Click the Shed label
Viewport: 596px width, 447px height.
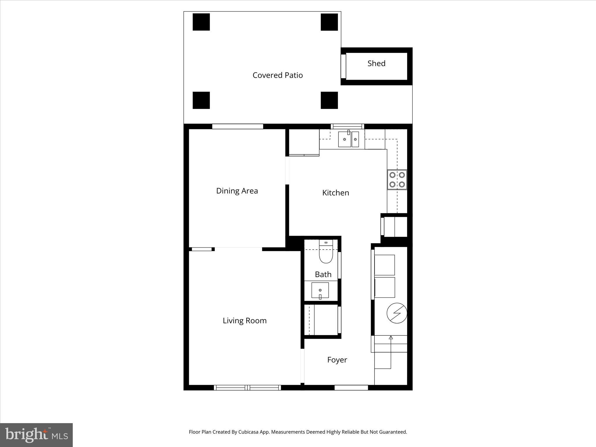coord(376,63)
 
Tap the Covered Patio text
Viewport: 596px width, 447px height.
coord(277,75)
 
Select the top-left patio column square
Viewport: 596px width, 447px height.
coord(201,22)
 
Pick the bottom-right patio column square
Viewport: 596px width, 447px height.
coord(329,100)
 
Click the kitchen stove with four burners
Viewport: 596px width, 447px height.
coord(397,180)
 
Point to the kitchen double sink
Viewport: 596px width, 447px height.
coord(348,139)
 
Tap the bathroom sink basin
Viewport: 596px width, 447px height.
coord(320,290)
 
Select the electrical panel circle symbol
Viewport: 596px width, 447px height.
coord(397,313)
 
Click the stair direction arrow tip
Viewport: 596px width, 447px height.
coord(391,337)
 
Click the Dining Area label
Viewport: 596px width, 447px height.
coord(237,191)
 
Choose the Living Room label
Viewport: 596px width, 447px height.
coord(244,321)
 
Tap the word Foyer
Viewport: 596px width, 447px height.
coord(337,360)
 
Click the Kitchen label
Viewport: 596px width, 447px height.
coord(336,193)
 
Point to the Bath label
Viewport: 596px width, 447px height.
coord(323,274)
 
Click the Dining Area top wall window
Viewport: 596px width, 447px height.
coord(237,126)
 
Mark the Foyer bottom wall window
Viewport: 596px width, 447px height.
coord(351,388)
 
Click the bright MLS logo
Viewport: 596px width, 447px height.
coord(36,435)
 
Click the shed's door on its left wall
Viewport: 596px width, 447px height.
coord(343,66)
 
